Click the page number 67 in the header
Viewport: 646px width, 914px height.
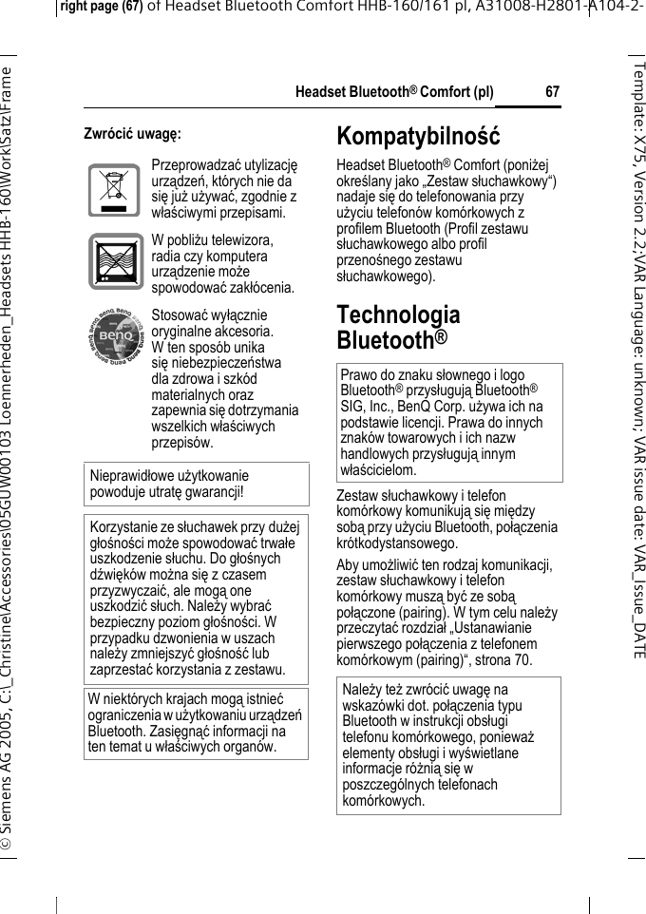pos(552,93)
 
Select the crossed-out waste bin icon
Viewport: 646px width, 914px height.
pos(114,190)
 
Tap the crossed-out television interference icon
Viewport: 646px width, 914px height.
pos(116,261)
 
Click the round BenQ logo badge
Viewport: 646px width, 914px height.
pos(116,336)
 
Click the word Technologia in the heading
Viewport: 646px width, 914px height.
pos(398,314)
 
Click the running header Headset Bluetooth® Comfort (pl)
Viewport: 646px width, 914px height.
pos(394,93)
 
